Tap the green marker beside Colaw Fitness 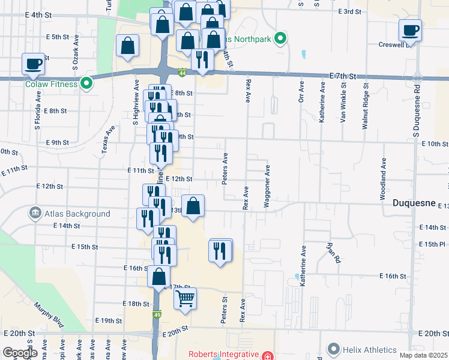click(x=86, y=83)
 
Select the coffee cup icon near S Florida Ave click(x=33, y=64)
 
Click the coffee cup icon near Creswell click(x=411, y=30)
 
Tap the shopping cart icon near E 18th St click(x=185, y=298)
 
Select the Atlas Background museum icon click(x=35, y=213)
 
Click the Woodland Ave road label click(x=382, y=179)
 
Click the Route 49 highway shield click(x=157, y=315)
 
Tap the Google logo click(x=20, y=353)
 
